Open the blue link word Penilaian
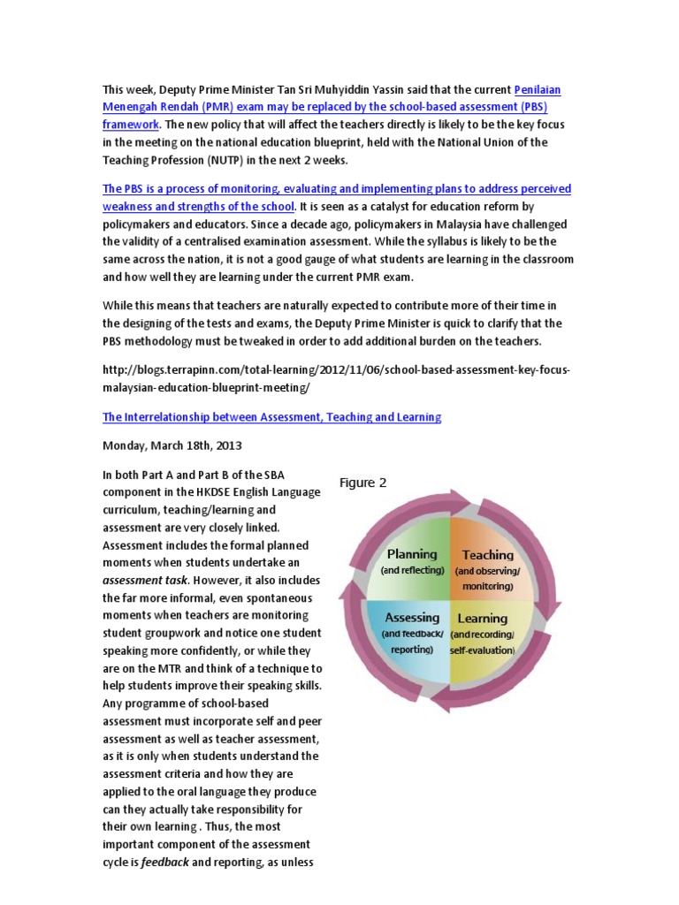click(x=538, y=90)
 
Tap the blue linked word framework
click(x=133, y=124)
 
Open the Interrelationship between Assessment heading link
click(x=272, y=416)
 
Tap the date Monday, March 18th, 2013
click(x=172, y=446)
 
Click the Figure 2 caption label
click(x=363, y=483)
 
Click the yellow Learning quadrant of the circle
click(x=484, y=631)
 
